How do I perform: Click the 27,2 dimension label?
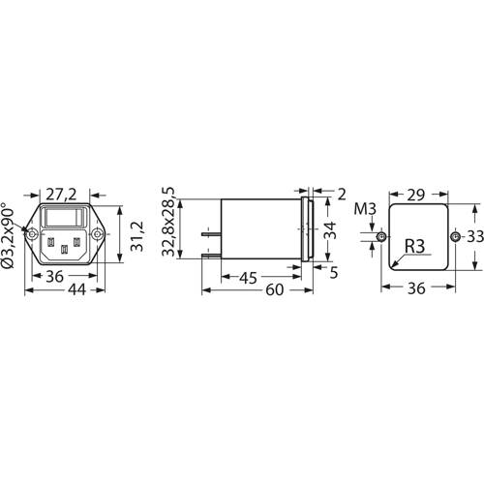pos(61,195)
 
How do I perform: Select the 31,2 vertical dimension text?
pos(136,236)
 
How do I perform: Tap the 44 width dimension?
pos(76,289)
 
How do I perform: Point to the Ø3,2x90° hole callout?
pos(8,235)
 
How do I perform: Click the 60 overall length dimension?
pos(275,290)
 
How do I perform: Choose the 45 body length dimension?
pos(249,278)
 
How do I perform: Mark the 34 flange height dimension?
pos(330,230)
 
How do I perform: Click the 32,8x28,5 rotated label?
pos(168,222)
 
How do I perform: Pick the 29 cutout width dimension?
pos(416,196)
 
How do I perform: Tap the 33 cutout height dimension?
pos(475,237)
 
